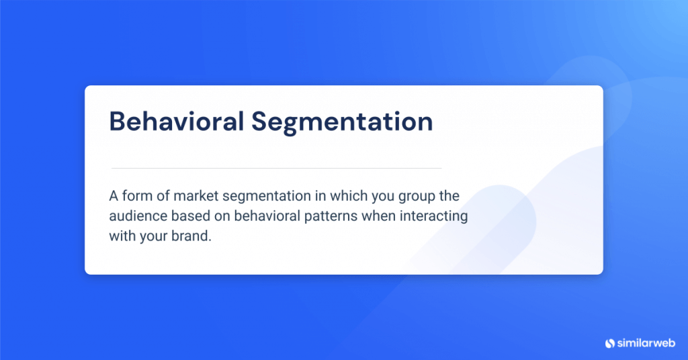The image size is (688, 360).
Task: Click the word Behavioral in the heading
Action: click(x=176, y=122)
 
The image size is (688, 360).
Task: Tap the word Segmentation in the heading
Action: click(x=342, y=123)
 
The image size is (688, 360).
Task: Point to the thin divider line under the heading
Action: click(x=276, y=168)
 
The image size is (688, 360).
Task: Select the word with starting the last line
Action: click(x=120, y=236)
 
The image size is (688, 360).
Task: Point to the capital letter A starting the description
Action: click(x=113, y=196)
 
